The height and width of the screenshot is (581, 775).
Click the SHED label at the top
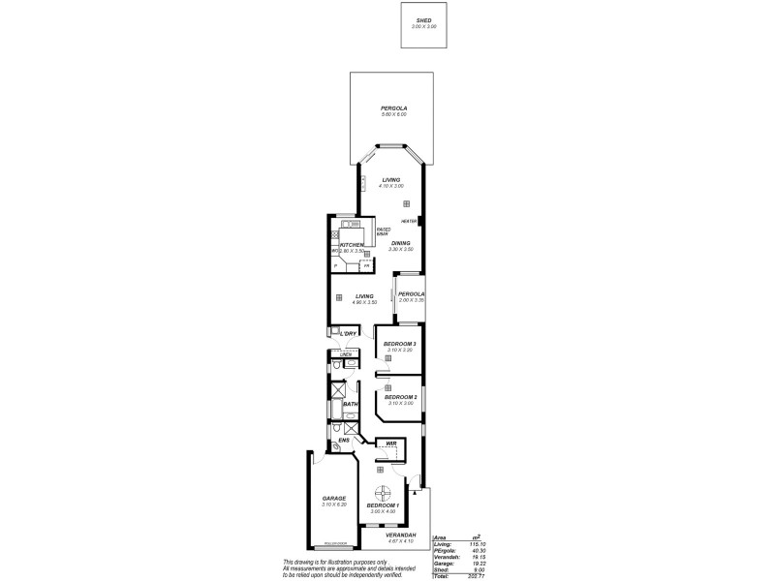[x=425, y=22]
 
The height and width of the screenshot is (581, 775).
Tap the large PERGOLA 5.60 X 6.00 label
[x=394, y=108]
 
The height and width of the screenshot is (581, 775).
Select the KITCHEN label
[x=351, y=246]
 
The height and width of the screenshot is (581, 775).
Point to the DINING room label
[x=400, y=243]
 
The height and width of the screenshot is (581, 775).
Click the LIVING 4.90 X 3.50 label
[x=364, y=296]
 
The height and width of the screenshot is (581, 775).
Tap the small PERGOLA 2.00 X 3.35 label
[x=412, y=293]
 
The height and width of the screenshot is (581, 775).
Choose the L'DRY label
[x=348, y=334]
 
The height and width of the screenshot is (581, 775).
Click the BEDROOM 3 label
[x=399, y=345]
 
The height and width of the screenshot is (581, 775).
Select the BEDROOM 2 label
[x=399, y=397]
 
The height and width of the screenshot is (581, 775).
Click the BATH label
[x=350, y=404]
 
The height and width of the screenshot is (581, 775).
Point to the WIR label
[x=390, y=444]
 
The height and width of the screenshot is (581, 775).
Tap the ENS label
[x=343, y=443]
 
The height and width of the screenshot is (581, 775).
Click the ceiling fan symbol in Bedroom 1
[x=383, y=490]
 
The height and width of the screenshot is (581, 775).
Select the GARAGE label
[x=334, y=499]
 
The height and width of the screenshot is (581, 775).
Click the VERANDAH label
[x=400, y=535]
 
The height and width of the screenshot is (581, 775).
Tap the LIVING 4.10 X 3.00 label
[x=391, y=180]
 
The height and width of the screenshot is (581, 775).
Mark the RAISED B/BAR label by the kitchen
[x=383, y=230]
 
